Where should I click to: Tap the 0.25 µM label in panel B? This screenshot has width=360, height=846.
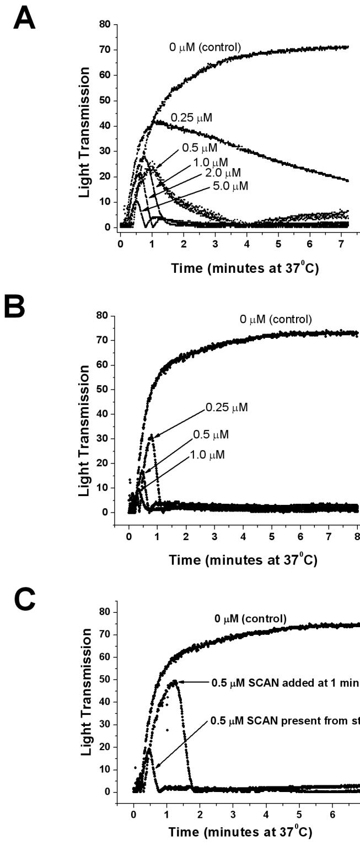tap(226, 408)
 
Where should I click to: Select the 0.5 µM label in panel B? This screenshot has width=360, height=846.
tap(211, 434)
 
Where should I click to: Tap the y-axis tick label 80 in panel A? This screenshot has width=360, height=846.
tap(105, 24)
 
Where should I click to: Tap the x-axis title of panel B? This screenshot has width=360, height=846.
tap(243, 561)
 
